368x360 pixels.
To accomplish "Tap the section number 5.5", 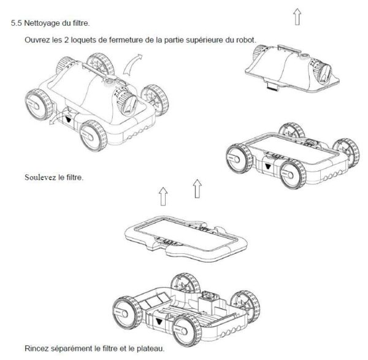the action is click(x=16, y=23).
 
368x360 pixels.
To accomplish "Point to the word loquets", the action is click(x=83, y=40).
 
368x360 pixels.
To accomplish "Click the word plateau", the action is click(x=150, y=348).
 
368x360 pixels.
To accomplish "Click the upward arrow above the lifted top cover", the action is click(x=297, y=17).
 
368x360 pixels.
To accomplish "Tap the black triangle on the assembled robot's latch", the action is click(x=69, y=119).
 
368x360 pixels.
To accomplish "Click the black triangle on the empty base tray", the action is click(x=159, y=321).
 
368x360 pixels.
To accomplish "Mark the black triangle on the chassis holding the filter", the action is click(x=267, y=167).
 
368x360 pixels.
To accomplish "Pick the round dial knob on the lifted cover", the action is click(x=322, y=71).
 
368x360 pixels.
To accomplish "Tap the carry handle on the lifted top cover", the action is click(x=289, y=49).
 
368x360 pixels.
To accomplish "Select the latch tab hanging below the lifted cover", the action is click(x=272, y=85).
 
